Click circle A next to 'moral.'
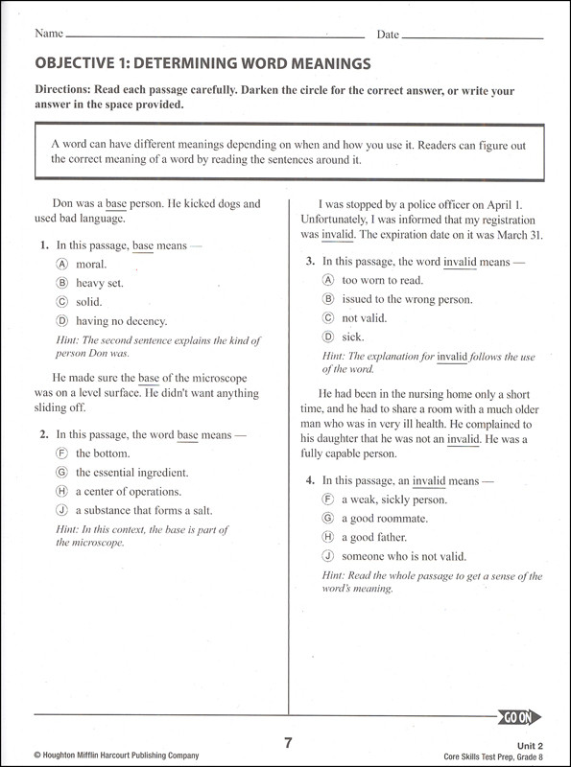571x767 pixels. (x=61, y=264)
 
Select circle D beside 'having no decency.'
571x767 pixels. (x=61, y=321)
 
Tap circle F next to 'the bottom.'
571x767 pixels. (x=61, y=453)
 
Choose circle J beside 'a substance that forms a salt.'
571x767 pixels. (x=61, y=510)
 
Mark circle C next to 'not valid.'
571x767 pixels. (x=327, y=318)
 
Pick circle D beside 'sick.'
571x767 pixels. (x=327, y=337)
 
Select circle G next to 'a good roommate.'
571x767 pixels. (x=327, y=518)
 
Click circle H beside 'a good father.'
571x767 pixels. (x=327, y=537)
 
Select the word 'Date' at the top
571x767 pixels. (x=388, y=35)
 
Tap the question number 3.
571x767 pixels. (x=310, y=261)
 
